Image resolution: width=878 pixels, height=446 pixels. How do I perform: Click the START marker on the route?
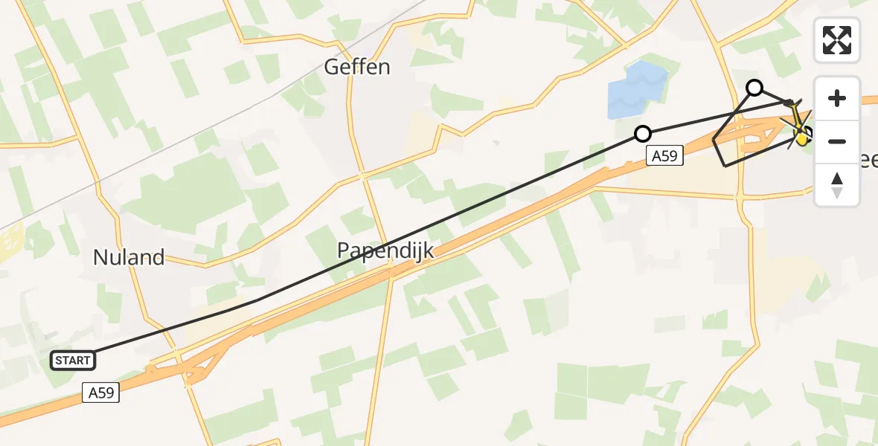pyautogui.click(x=73, y=361)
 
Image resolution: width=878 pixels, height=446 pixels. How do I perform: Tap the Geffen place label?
pyautogui.click(x=357, y=68)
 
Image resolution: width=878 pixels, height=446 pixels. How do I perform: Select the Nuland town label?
pyautogui.click(x=129, y=258)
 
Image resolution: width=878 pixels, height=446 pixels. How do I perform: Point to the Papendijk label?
pyautogui.click(x=385, y=251)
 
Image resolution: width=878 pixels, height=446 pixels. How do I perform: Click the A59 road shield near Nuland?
pyautogui.click(x=100, y=392)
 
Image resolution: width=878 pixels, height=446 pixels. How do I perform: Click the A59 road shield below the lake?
pyautogui.click(x=664, y=155)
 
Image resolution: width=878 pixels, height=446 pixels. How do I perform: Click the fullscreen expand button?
pyautogui.click(x=837, y=40)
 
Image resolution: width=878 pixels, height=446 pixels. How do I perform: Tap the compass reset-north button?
pyautogui.click(x=837, y=185)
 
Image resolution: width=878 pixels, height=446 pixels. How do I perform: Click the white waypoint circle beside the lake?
pyautogui.click(x=643, y=134)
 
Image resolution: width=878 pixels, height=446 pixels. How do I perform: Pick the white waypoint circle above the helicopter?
pyautogui.click(x=754, y=88)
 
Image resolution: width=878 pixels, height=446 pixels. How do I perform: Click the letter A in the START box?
pyautogui.click(x=73, y=361)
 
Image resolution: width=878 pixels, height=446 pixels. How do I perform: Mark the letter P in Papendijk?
pyautogui.click(x=345, y=251)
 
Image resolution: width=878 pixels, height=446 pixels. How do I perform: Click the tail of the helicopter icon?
pyautogui.click(x=793, y=105)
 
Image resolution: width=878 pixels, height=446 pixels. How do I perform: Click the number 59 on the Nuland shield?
pyautogui.click(x=106, y=392)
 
